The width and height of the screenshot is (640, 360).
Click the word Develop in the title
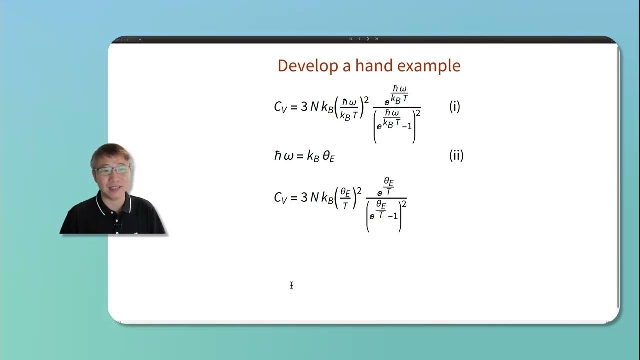click(x=302, y=66)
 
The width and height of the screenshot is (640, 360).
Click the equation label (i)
click(x=454, y=106)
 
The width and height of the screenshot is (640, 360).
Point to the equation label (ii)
click(x=456, y=155)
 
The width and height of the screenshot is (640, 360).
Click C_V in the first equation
click(x=280, y=107)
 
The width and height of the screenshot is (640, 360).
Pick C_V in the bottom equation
click(x=280, y=198)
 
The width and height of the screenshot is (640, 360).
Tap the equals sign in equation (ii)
click(x=299, y=156)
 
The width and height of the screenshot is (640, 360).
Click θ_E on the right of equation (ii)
click(x=328, y=156)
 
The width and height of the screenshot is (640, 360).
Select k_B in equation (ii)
click(x=313, y=156)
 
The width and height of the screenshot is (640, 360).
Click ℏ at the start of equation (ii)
click(x=278, y=156)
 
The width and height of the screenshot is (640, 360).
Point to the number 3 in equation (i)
click(x=304, y=107)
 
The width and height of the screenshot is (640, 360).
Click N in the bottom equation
click(x=314, y=198)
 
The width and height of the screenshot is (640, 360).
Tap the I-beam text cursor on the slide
click(x=291, y=285)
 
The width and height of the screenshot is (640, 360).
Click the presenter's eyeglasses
click(x=112, y=170)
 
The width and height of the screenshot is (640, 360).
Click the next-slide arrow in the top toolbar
click(x=368, y=39)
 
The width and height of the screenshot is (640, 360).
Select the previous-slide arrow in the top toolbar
click(x=359, y=39)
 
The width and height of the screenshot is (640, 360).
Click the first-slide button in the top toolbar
click(x=351, y=39)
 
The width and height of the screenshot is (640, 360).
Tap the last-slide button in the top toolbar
click(x=376, y=39)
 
